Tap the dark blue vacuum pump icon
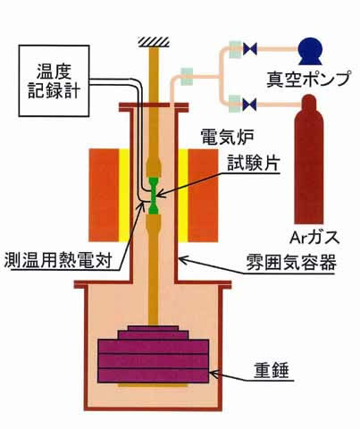[311, 51]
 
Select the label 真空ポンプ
[307, 79]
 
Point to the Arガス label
[314, 238]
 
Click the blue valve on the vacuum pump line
[249, 49]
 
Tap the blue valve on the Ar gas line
[249, 104]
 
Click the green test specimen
[155, 196]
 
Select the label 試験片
[254, 163]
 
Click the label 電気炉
[227, 138]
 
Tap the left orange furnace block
[104, 195]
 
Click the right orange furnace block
[203, 195]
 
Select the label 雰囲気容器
[291, 263]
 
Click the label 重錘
[272, 371]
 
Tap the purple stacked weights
[153, 355]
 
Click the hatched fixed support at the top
[155, 42]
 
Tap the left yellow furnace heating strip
[124, 195]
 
